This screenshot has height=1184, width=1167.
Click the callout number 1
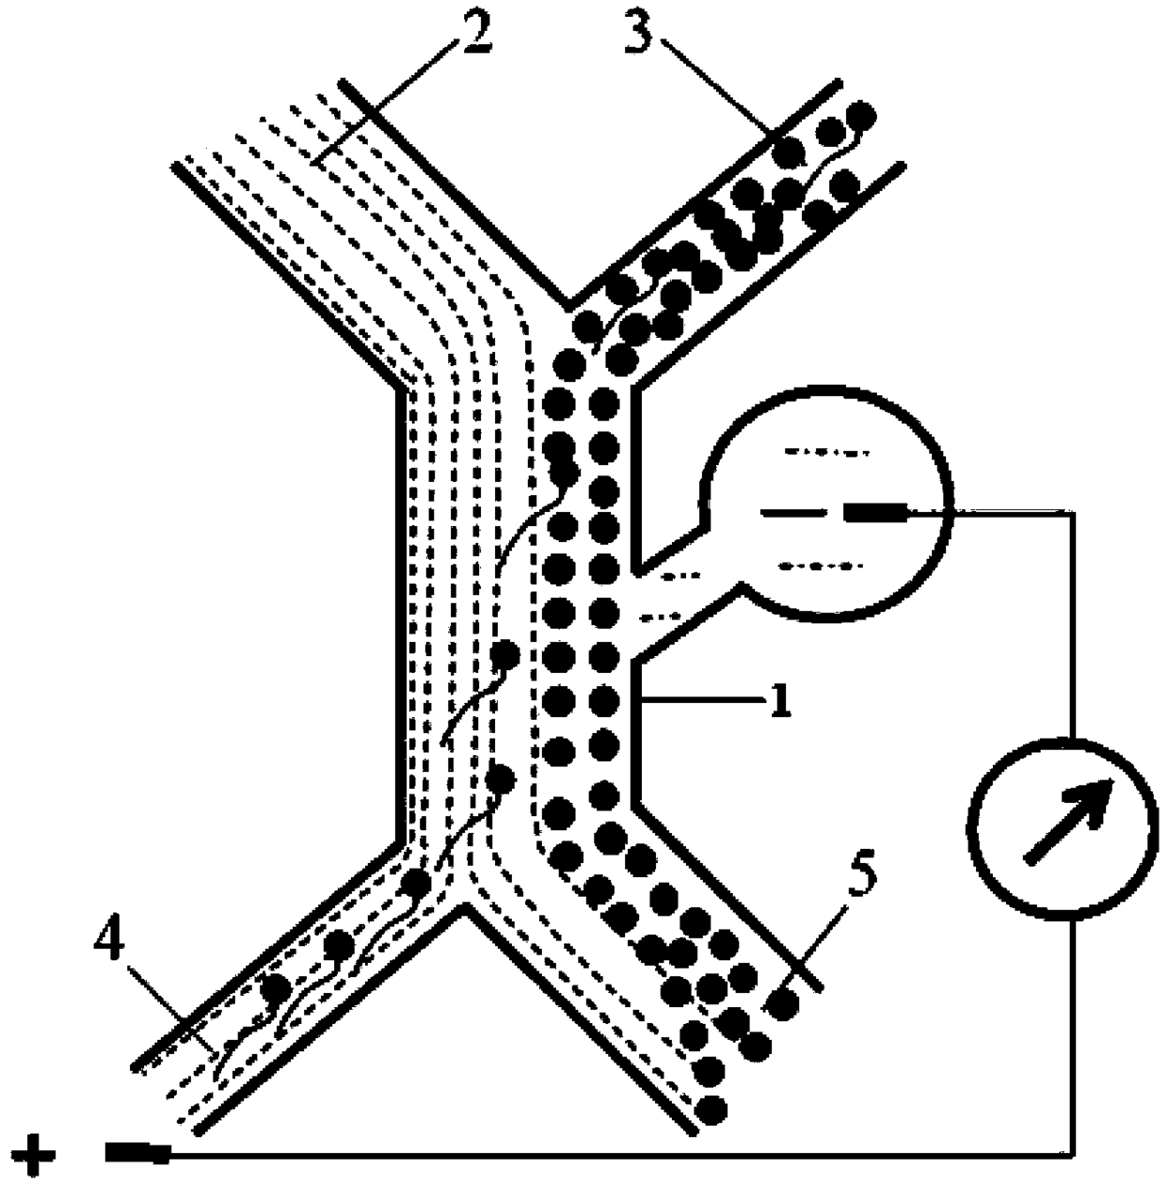tap(777, 701)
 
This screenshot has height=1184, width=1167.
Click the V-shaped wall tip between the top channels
tap(568, 306)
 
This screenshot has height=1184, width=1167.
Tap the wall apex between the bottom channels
tap(462, 907)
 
